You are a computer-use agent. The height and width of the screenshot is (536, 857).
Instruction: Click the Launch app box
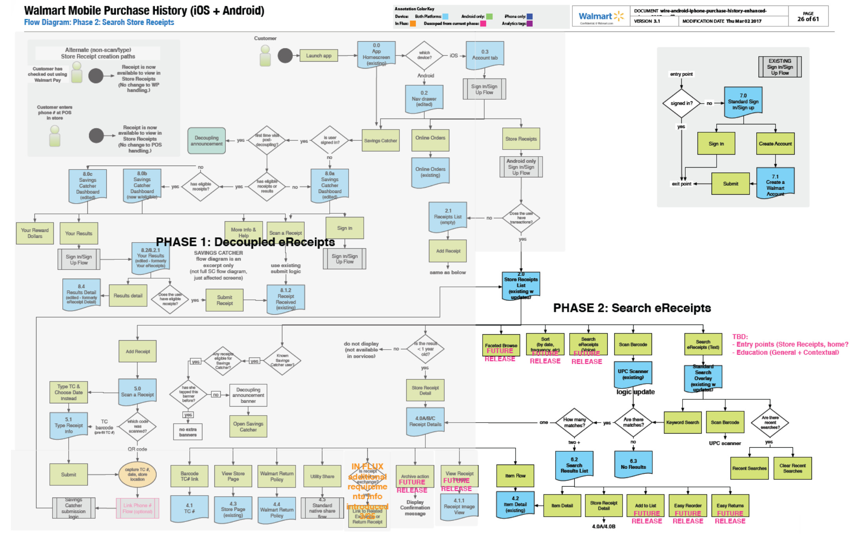tap(318, 56)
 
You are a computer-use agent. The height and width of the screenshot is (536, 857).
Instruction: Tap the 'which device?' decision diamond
tap(424, 56)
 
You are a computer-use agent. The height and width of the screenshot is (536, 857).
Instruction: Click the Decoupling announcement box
tap(206, 140)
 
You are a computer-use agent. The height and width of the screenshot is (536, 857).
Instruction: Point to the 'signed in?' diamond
tap(681, 103)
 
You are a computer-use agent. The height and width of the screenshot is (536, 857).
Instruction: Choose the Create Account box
tap(775, 144)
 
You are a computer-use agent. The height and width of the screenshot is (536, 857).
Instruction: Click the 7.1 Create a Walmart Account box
tap(775, 183)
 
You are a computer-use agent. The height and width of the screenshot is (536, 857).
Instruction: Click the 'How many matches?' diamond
tap(574, 423)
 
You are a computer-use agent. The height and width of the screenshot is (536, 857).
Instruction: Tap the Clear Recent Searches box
tap(792, 468)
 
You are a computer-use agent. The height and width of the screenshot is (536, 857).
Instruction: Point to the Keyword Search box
tap(683, 422)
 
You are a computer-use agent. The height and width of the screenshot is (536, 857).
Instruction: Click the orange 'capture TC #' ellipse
tap(137, 474)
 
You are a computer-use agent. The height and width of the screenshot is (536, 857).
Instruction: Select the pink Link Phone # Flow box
tap(137, 508)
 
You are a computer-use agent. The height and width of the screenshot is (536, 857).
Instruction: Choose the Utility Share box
tap(322, 476)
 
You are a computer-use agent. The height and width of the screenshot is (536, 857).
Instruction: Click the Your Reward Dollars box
tap(35, 233)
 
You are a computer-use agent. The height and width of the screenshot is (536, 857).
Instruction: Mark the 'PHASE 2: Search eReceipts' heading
tap(632, 308)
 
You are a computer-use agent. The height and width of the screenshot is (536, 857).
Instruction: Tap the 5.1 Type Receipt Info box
tap(69, 425)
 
